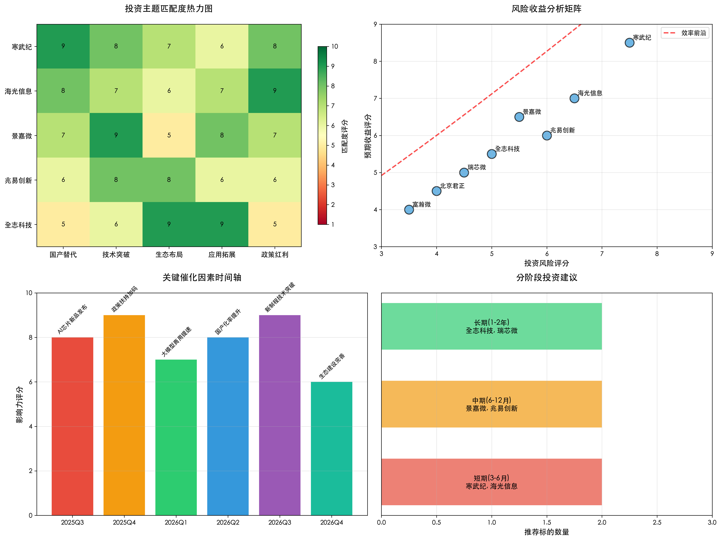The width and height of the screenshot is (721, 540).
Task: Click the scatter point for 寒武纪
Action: pyautogui.click(x=629, y=43)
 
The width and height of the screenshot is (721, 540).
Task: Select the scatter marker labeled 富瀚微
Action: pyautogui.click(x=409, y=210)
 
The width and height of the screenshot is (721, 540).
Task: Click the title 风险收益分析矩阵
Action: pyautogui.click(x=547, y=9)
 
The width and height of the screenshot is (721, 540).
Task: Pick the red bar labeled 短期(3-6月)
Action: pyautogui.click(x=492, y=482)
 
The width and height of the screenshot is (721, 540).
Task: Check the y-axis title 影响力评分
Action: pyautogui.click(x=19, y=404)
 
